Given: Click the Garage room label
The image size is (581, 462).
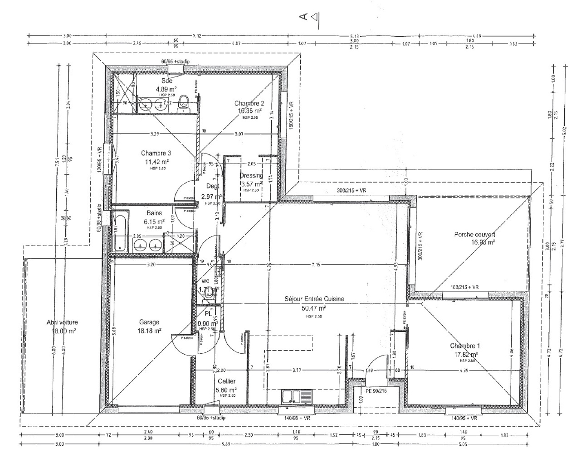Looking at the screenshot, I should click(149, 322).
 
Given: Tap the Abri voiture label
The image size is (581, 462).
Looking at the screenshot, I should click(62, 322).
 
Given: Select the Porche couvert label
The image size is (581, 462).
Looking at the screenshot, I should click(474, 235).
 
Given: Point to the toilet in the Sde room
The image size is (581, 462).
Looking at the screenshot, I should click(184, 103).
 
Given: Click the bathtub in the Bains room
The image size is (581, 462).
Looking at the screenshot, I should click(121, 231).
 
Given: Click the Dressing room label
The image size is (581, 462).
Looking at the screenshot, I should click(251, 176).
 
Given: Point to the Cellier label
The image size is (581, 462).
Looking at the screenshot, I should click(227, 381).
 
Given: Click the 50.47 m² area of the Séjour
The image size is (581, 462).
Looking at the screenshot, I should click(314, 308).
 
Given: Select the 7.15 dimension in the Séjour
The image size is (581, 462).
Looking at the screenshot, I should click(316, 265).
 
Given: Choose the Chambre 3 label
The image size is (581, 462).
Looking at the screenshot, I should click(156, 153).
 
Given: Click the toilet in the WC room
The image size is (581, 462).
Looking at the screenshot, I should click(208, 292).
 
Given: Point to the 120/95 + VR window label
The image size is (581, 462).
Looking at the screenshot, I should click(99, 159).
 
